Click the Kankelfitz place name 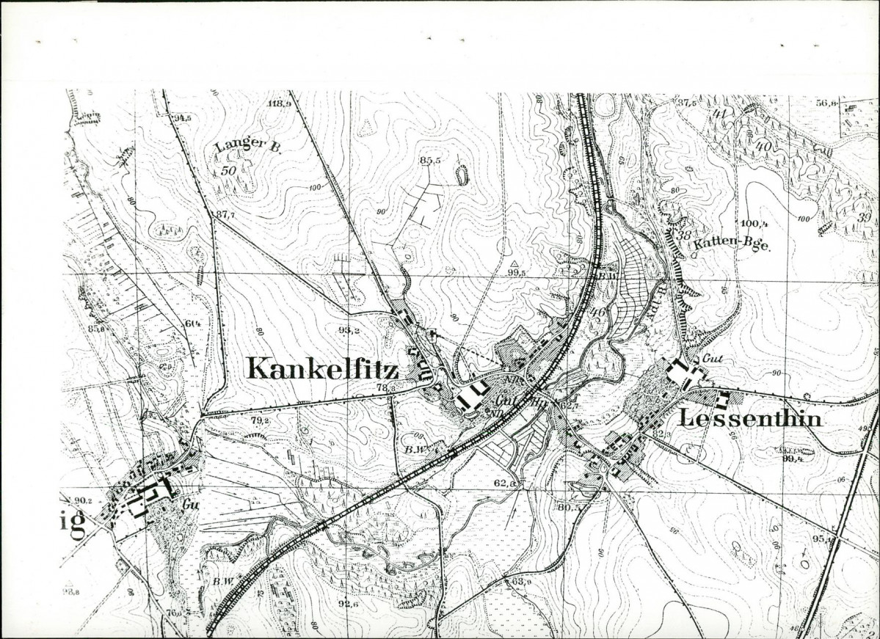322,368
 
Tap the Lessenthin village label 749,418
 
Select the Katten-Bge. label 730,247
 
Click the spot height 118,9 280,104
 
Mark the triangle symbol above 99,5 515,263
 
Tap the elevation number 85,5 430,160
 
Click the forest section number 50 228,170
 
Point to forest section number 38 684,235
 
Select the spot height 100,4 753,223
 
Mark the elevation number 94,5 182,117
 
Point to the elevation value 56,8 827,103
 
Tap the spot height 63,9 521,581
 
